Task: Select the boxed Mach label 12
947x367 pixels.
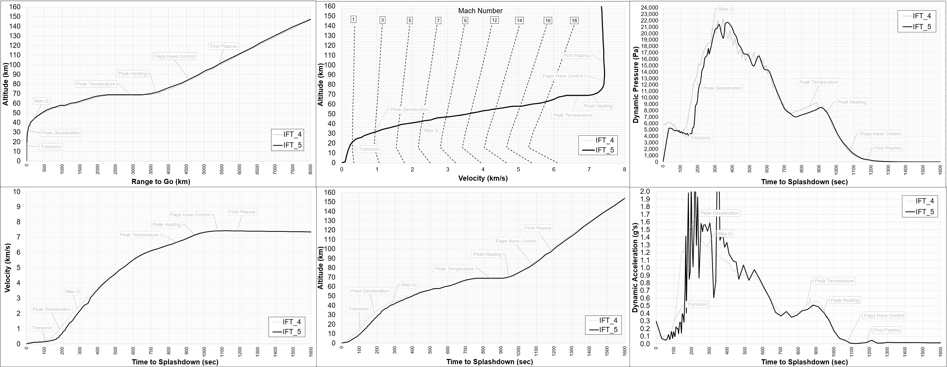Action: coord(494,20)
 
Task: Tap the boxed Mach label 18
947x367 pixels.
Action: coord(574,21)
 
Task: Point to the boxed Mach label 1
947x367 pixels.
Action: coord(353,19)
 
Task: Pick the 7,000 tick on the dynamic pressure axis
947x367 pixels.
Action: coord(651,117)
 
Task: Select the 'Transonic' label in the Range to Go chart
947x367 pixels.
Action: coord(51,147)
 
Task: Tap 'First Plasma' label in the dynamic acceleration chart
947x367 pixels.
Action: coord(886,330)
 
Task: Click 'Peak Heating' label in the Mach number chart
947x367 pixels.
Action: coord(598,106)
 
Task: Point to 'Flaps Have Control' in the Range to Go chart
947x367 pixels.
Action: coord(174,56)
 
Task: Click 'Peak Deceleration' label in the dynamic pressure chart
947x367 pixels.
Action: coord(722,88)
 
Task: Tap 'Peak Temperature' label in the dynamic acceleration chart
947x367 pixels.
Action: coord(834,281)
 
